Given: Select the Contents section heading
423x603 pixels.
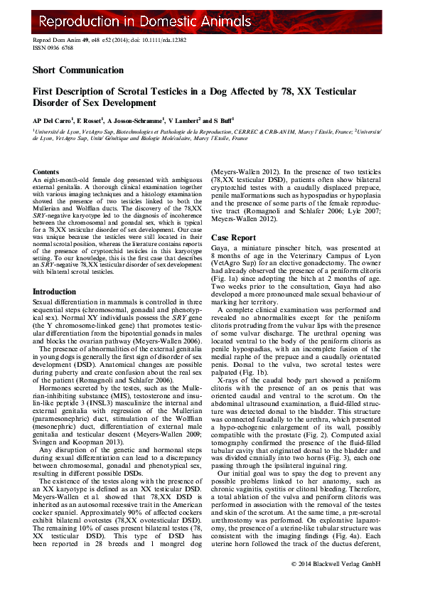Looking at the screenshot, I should click(46, 172).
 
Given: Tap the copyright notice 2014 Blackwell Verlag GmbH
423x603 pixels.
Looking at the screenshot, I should click(338, 584).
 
